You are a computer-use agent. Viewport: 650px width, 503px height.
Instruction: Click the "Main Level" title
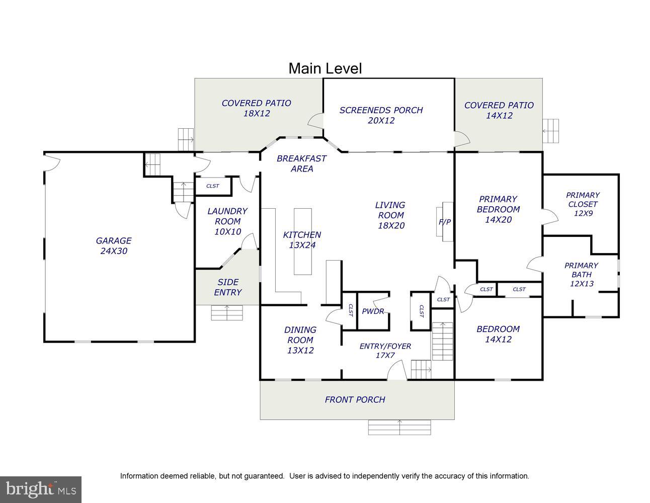click(325, 68)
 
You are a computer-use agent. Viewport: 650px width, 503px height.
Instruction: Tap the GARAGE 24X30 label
click(114, 245)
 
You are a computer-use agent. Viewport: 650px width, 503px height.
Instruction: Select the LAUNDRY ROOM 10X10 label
click(227, 221)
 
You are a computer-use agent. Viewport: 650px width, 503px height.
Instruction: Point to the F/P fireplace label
click(445, 222)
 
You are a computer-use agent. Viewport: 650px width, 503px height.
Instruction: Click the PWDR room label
click(373, 311)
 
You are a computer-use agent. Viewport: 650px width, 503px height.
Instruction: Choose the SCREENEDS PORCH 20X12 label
click(381, 115)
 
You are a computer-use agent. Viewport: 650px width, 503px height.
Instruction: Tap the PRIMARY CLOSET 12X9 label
click(583, 204)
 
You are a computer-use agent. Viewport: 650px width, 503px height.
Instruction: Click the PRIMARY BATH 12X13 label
click(581, 275)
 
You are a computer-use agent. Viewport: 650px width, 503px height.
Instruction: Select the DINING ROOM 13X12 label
click(300, 340)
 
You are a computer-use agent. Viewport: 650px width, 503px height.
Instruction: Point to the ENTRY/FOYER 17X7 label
click(385, 351)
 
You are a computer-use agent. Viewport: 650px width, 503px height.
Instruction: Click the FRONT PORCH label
click(355, 399)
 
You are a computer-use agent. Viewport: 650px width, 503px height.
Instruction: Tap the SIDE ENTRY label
click(228, 287)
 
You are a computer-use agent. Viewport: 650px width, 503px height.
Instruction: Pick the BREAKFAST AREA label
click(301, 163)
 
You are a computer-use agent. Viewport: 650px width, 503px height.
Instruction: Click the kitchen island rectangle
click(303, 241)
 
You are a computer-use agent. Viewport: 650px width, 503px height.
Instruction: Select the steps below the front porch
click(399, 427)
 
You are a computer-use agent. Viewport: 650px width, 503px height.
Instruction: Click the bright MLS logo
click(41, 489)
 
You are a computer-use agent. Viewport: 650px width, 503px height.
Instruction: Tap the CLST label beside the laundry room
click(213, 186)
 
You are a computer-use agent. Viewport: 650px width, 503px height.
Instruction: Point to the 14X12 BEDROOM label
click(498, 334)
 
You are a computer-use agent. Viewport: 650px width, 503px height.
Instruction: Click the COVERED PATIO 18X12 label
click(257, 108)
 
